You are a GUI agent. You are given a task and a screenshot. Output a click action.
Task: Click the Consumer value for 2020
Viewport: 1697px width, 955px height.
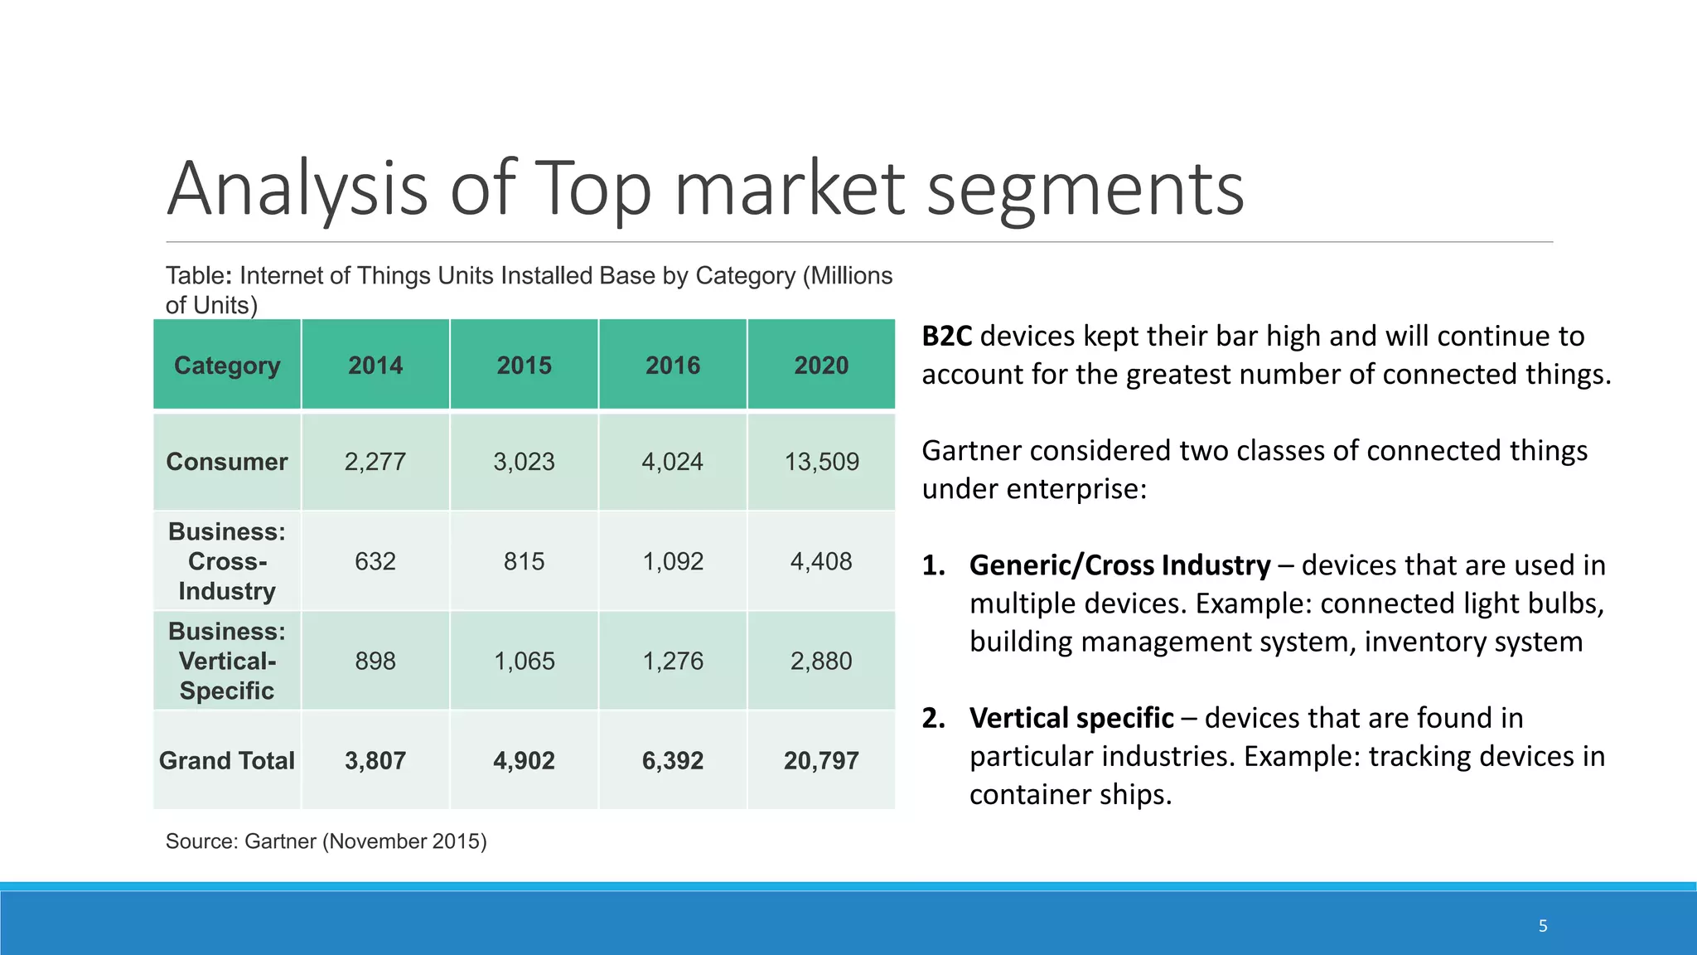821,462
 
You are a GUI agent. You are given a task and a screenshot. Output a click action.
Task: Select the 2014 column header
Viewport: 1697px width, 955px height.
375,366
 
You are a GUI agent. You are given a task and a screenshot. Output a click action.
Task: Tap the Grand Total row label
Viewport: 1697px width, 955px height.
226,761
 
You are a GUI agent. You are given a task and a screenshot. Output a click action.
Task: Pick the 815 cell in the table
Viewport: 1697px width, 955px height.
524,561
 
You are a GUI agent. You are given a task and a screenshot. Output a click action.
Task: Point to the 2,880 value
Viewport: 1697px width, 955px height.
821,661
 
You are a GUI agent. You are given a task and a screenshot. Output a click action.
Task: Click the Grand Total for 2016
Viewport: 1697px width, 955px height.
672,761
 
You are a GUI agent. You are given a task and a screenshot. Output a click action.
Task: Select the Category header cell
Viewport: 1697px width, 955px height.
227,366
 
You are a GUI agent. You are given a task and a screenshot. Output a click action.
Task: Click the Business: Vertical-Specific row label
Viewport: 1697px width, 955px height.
226,661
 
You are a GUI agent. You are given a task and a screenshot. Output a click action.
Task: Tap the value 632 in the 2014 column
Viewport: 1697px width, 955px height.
375,561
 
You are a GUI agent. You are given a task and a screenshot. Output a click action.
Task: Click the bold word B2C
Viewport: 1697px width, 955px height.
946,337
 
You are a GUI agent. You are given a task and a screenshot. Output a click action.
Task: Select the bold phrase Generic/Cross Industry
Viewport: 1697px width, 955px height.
1119,565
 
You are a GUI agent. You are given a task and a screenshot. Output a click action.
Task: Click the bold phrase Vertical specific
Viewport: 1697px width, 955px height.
1071,718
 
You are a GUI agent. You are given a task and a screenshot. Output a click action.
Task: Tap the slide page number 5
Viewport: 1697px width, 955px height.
1543,926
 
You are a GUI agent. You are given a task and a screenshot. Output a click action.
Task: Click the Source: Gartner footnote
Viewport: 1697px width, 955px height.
326,841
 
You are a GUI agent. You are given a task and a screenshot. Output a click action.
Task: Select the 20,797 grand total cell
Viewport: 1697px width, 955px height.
821,761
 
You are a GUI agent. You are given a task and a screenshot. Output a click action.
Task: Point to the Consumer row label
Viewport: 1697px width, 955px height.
226,462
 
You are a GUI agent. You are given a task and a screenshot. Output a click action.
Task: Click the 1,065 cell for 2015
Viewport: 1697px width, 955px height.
524,661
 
